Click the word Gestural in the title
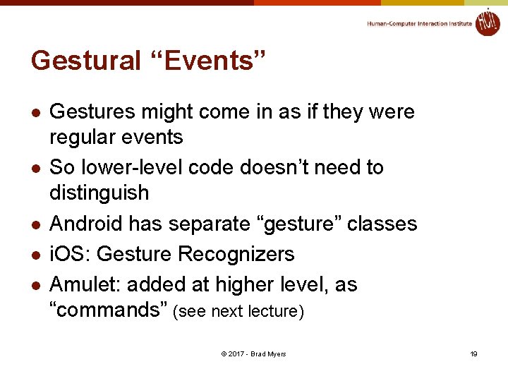coord(86,61)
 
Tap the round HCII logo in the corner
coord(487,23)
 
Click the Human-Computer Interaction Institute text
coord(419,24)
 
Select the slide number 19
coord(474,353)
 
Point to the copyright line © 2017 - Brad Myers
coord(253,353)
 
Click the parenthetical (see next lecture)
coord(238,312)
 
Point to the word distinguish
coord(99,193)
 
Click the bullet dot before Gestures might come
coord(36,113)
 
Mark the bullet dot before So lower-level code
coord(36,169)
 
